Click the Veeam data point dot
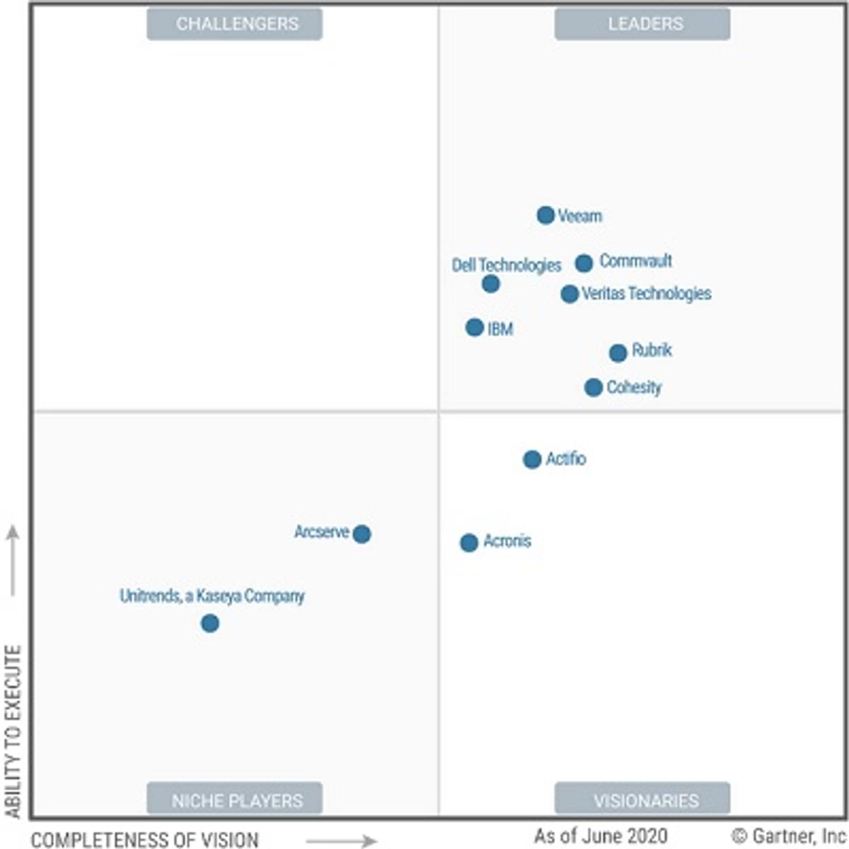click(x=545, y=215)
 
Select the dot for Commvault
click(x=584, y=263)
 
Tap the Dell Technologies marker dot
click(x=491, y=284)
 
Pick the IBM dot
click(x=475, y=328)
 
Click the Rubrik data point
click(x=618, y=352)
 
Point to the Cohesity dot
click(x=594, y=387)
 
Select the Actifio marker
click(x=532, y=459)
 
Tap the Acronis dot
click(x=469, y=543)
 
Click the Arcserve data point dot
click(x=362, y=533)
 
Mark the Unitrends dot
click(x=209, y=623)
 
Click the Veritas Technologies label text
click(x=646, y=294)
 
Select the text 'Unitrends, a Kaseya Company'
click(x=212, y=596)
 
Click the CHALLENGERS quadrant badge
click(x=235, y=24)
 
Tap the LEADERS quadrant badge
click(x=642, y=24)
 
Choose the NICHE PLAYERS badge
click(x=235, y=799)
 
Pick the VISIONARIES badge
click(x=642, y=799)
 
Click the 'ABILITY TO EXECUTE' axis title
click(x=13, y=732)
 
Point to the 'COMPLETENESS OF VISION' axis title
click(x=145, y=840)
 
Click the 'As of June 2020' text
click(x=601, y=836)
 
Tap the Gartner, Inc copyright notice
click(x=789, y=836)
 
